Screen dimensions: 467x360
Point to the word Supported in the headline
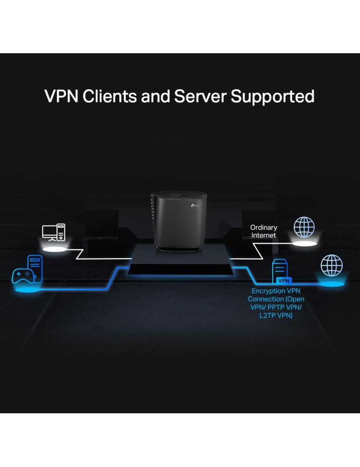(273, 96)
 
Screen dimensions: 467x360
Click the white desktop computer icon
(54, 232)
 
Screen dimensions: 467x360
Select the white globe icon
(304, 227)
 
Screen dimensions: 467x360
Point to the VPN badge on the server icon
(283, 281)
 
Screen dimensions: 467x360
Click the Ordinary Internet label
(264, 231)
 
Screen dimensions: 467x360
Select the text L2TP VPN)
(276, 315)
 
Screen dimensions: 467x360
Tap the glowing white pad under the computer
(55, 249)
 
